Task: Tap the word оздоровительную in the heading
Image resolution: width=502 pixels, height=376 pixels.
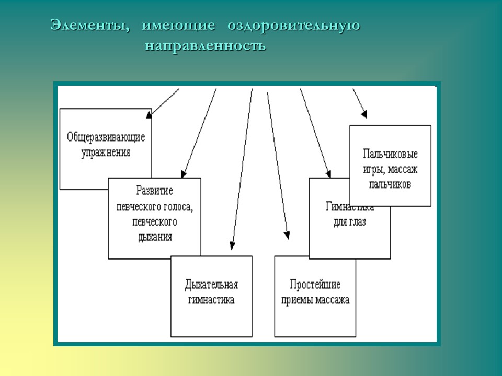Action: tap(293, 25)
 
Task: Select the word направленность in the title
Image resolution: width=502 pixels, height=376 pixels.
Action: tap(206, 46)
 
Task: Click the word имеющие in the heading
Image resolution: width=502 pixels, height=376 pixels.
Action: tap(178, 25)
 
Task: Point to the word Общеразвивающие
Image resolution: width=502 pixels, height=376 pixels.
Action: tap(106, 138)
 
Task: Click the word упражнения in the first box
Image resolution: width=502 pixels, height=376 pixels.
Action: tap(106, 153)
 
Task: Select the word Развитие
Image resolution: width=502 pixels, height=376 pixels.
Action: tap(154, 191)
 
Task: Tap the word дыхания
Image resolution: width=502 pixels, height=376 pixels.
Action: tap(154, 237)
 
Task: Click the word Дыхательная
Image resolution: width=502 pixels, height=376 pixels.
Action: tap(211, 285)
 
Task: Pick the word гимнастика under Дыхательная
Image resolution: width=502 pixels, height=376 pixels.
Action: tap(211, 300)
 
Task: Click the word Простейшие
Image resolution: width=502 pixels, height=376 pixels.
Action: tap(315, 285)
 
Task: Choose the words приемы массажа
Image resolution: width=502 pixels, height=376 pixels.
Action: tap(315, 300)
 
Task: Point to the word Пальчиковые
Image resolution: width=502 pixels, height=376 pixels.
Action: tap(390, 155)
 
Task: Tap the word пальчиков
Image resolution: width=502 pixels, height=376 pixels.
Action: tap(390, 184)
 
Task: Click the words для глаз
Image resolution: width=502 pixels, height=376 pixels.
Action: tap(349, 222)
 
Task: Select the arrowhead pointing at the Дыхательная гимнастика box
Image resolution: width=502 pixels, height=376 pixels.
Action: tap(232, 245)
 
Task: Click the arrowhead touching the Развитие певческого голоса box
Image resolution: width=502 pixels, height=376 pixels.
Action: tap(183, 174)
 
